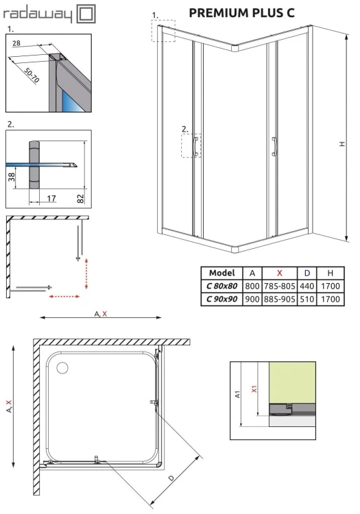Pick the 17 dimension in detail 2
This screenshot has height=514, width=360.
52,199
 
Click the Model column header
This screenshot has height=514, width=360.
221,272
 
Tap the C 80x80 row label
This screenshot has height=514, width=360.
221,286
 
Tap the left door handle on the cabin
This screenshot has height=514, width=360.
197,147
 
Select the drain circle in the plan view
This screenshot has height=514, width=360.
62,369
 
